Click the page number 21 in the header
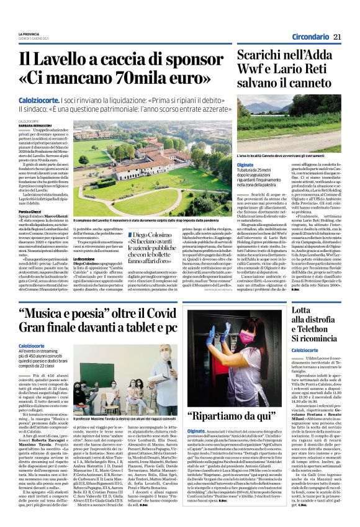coord(337,37)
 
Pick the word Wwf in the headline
coord(252,76)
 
